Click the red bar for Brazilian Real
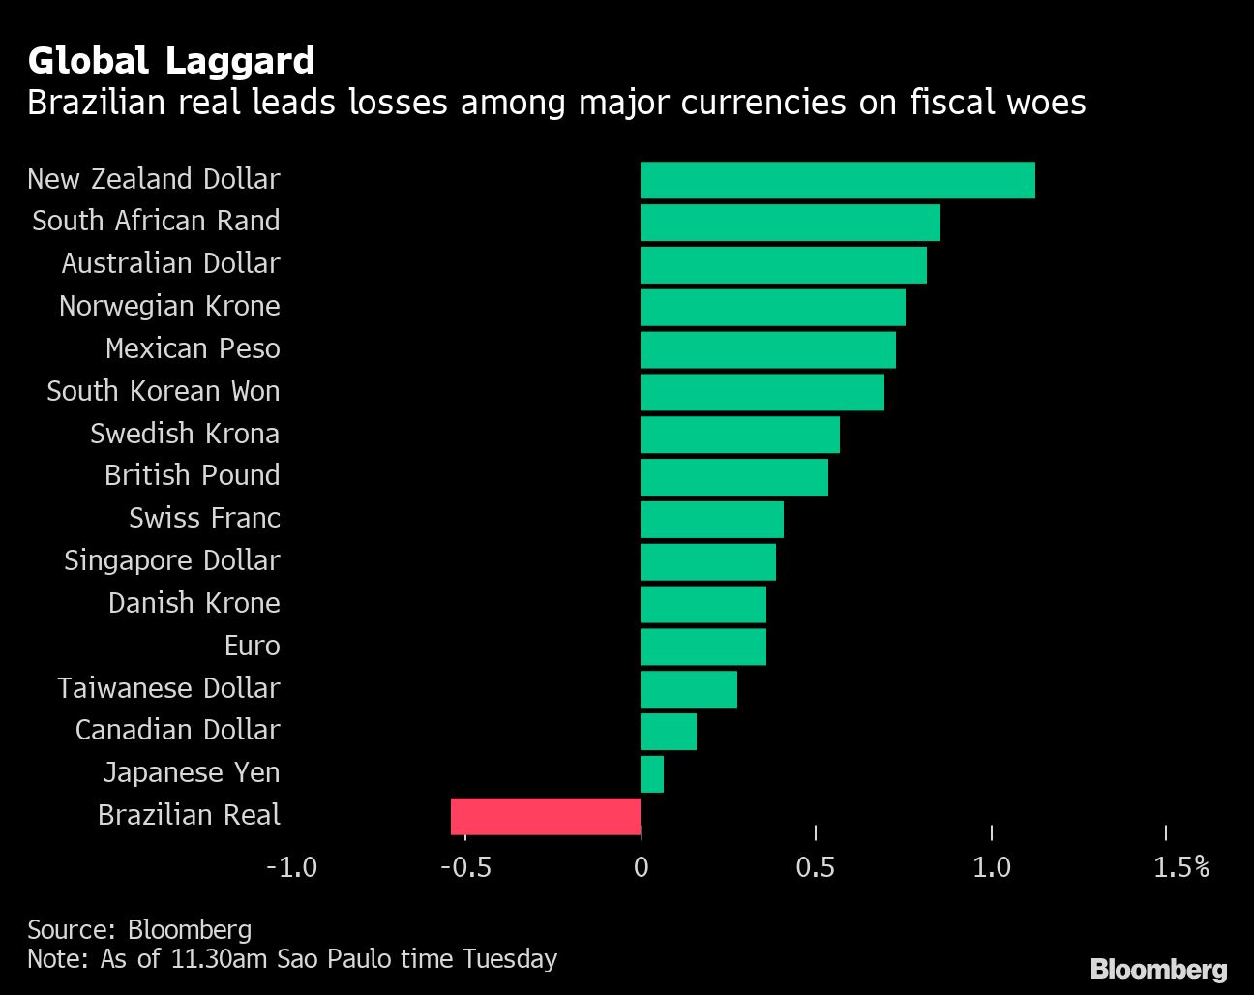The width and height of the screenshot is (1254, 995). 546,816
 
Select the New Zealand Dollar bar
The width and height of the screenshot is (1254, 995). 837,180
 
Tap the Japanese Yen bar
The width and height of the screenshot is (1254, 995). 652,774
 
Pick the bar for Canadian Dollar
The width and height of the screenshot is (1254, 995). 669,732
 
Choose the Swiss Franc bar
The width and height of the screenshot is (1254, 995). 712,520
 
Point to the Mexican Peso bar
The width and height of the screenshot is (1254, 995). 768,349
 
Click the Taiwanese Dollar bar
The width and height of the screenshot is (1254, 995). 689,689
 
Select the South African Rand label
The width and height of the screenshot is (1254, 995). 156,221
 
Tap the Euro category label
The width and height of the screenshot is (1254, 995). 252,646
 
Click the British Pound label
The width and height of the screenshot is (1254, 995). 192,475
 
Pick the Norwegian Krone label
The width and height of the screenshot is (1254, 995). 169,306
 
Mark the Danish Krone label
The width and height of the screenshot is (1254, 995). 194,603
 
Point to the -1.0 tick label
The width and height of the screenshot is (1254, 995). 291,866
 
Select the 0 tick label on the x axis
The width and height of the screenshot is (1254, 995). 641,866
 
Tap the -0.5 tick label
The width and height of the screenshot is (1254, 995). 465,866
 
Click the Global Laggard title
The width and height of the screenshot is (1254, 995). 171,61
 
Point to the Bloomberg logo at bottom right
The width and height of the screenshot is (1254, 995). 1158,969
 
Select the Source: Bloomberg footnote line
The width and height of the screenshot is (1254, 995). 139,930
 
